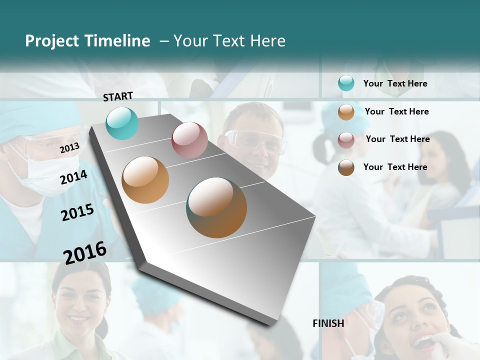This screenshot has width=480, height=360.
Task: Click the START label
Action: click(118, 96)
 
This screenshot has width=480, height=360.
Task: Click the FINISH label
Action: click(328, 323)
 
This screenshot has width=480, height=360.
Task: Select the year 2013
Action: click(69, 147)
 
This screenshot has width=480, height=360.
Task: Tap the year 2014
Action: click(73, 177)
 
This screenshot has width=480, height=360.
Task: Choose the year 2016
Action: click(85, 252)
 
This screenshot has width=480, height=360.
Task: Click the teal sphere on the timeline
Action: click(122, 123)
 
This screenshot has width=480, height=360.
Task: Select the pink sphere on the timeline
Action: click(189, 140)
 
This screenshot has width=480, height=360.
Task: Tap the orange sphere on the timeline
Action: click(145, 180)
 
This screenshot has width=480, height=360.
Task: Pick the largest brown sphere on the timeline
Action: click(216, 207)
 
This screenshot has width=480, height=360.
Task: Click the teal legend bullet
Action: click(346, 83)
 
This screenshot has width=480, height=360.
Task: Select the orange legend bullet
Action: click(346, 112)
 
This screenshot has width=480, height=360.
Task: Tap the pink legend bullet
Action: click(346, 139)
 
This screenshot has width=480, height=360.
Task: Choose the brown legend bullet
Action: click(346, 167)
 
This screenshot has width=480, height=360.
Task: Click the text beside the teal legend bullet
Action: click(395, 83)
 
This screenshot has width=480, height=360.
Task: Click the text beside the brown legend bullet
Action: click(395, 167)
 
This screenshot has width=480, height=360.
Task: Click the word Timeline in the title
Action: click(117, 41)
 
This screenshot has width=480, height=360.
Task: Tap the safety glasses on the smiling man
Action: click(256, 140)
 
